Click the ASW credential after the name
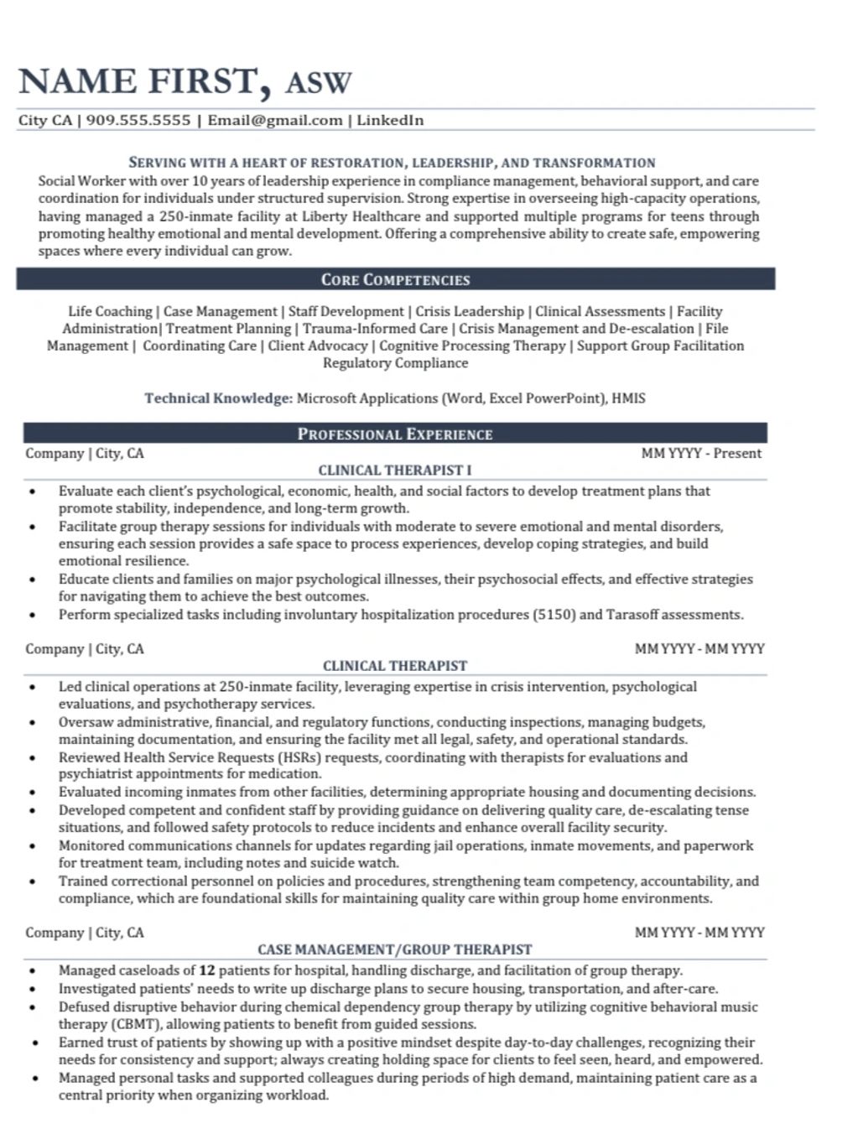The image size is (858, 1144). pyautogui.click(x=318, y=83)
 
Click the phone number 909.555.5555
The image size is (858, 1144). pyautogui.click(x=138, y=120)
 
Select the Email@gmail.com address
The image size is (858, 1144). pyautogui.click(x=275, y=120)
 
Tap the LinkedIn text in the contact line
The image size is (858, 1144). pyautogui.click(x=390, y=120)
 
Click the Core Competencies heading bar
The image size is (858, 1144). pyautogui.click(x=395, y=279)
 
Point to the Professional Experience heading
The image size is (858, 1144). pyautogui.click(x=395, y=434)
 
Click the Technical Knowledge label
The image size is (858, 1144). pyautogui.click(x=217, y=398)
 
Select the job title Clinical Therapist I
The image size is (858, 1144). pyautogui.click(x=395, y=471)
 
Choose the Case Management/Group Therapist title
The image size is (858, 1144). pyautogui.click(x=395, y=949)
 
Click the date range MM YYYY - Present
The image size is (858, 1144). pyautogui.click(x=701, y=454)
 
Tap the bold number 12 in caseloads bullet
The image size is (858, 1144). pyautogui.click(x=207, y=971)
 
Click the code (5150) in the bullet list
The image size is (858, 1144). pyautogui.click(x=554, y=615)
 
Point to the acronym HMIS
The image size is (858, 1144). pyautogui.click(x=628, y=398)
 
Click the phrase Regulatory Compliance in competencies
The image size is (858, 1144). pyautogui.click(x=395, y=363)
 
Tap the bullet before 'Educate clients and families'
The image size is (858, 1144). pyautogui.click(x=32, y=580)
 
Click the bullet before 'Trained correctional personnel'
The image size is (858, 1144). pyautogui.click(x=32, y=881)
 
